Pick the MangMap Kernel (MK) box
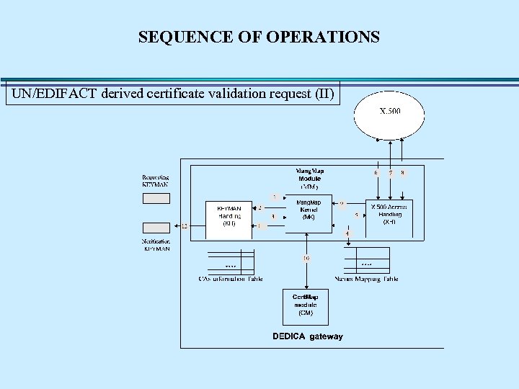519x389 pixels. [309, 209]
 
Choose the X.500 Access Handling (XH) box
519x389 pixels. [389, 215]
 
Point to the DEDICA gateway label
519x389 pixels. [307, 336]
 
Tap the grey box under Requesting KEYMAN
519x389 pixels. [156, 198]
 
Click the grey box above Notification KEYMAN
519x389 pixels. [156, 228]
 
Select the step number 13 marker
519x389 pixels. [185, 225]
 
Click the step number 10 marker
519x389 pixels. [306, 258]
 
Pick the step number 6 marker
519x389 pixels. [376, 173]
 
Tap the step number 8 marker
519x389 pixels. [402, 173]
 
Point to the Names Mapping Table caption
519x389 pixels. [366, 279]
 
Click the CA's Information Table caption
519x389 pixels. [231, 279]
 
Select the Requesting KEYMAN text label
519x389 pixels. [156, 180]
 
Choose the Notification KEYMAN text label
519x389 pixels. [156, 245]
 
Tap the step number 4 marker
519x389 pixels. [347, 233]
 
